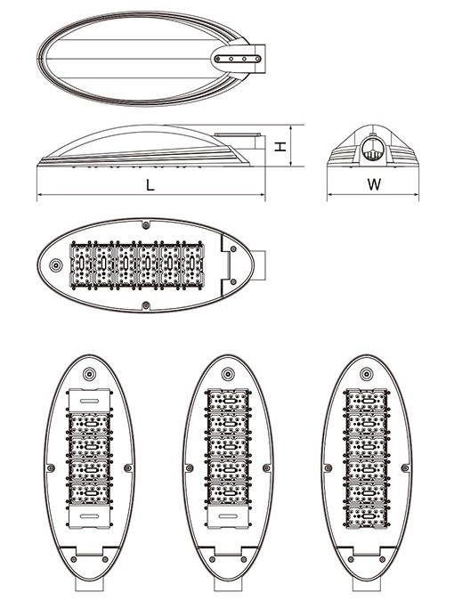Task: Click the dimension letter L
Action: (150, 185)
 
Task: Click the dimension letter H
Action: (280, 146)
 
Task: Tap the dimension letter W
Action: (374, 184)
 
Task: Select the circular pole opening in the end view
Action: (372, 150)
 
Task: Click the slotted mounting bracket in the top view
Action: (238, 59)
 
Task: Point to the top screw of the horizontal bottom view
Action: (145, 224)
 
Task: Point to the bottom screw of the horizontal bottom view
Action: (146, 305)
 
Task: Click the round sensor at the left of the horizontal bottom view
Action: (56, 264)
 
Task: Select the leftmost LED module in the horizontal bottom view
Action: (82, 264)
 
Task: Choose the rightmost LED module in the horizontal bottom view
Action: (191, 264)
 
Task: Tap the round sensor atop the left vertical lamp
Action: (89, 374)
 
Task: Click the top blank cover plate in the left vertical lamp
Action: (89, 400)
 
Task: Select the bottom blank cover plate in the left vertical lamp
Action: (89, 516)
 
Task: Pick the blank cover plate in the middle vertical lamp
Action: (228, 516)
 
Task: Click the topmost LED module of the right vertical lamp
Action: (367, 401)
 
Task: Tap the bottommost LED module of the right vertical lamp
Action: (367, 516)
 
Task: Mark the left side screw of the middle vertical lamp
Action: (189, 467)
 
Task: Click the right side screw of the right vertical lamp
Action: (405, 467)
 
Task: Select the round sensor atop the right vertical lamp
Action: (367, 374)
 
